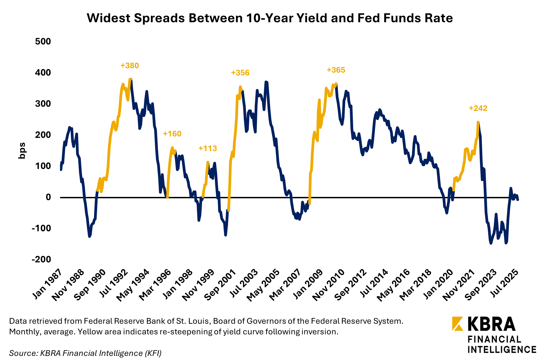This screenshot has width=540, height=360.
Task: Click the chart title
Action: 270,18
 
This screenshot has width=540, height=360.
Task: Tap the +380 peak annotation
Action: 130,66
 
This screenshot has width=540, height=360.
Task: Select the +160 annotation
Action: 172,134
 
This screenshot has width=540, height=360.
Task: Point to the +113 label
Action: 208,148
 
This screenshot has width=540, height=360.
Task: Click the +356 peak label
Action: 240,73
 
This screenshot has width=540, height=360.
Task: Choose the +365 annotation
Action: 336,70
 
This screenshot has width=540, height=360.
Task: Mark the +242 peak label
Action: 478,108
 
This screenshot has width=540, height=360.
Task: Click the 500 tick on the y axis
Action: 43,41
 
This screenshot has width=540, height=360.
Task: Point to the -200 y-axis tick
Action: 41,259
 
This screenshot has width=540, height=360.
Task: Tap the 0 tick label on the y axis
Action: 48,197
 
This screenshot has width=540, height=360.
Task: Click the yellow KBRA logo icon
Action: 457,324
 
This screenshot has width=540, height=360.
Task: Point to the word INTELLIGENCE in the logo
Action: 502,350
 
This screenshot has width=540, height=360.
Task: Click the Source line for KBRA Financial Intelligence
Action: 85,353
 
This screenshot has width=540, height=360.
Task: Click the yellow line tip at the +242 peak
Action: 478,122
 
